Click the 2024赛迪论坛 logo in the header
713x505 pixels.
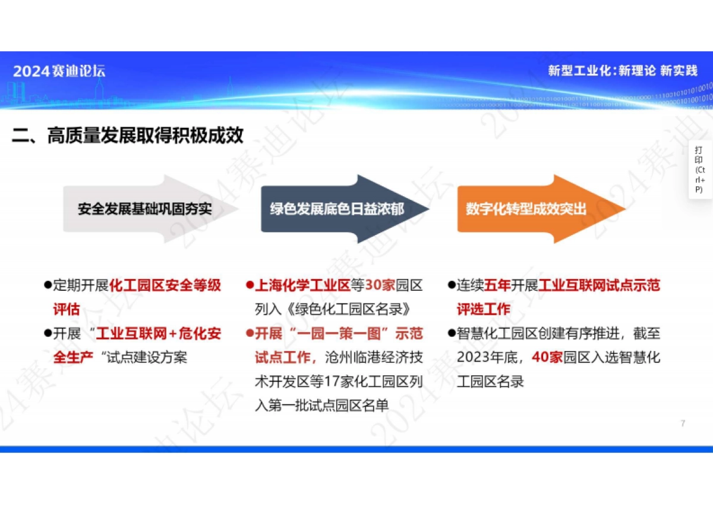coord(59,71)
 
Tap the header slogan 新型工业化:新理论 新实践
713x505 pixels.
coord(622,71)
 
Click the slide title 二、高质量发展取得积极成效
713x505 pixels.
coord(128,136)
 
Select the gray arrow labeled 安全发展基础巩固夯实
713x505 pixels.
coord(145,209)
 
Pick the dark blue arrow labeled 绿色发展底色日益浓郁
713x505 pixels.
coord(337,209)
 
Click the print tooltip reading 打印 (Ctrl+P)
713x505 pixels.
coord(700,170)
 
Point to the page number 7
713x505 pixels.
coord(683,424)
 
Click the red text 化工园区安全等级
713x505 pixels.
coord(166,286)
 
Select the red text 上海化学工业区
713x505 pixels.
coord(302,286)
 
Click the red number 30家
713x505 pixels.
coord(380,286)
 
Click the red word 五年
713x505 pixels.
coord(498,286)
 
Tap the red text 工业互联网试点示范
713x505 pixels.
coord(599,286)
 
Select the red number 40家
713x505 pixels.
coord(547,357)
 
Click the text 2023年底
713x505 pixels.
coord(485,357)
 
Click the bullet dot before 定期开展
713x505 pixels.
coord(48,285)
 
